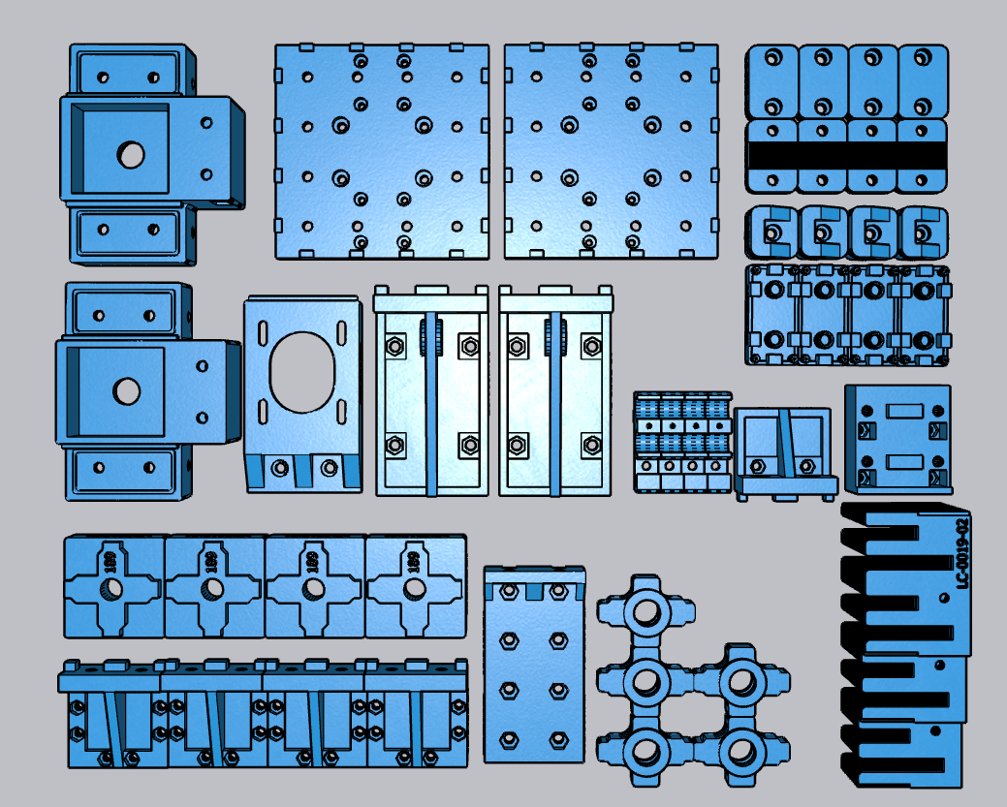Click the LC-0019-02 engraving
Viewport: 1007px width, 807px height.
tap(962, 552)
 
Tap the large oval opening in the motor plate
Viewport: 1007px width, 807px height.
tap(300, 370)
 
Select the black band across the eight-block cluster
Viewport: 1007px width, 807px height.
tap(846, 153)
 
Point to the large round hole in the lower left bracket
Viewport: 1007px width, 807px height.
tap(125, 391)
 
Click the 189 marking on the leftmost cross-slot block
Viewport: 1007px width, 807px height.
tap(110, 562)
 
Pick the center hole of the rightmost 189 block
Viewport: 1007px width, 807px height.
tap(414, 588)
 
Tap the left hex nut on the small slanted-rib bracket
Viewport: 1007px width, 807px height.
tap(759, 466)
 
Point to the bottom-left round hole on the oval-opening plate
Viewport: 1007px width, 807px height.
tap(280, 467)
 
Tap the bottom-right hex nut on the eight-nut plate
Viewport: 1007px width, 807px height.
tap(557, 740)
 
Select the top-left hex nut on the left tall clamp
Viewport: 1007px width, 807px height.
tap(394, 345)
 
